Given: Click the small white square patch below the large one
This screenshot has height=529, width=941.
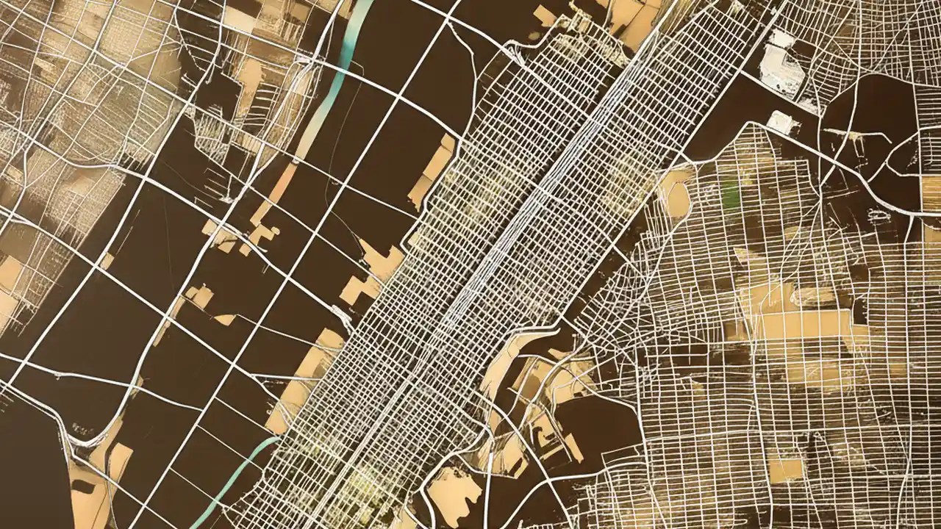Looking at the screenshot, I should (x=781, y=122).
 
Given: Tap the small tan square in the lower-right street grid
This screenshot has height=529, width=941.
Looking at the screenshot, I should (x=785, y=468).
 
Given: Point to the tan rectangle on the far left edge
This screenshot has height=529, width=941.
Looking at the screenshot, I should (x=10, y=273).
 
